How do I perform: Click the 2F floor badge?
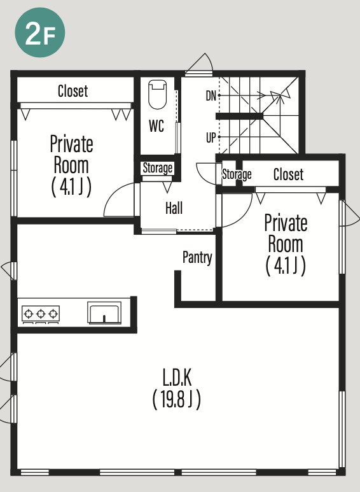(40, 32)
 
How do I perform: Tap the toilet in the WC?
(157, 94)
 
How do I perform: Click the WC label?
(156, 126)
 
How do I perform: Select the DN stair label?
(211, 95)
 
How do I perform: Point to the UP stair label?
(211, 137)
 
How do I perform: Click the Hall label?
(174, 208)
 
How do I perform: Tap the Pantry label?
(198, 258)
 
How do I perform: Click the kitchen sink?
(104, 313)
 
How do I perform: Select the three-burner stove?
(41, 314)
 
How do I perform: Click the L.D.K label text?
(177, 377)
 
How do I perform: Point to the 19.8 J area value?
(177, 400)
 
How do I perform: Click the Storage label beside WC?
(158, 168)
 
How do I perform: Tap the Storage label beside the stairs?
(237, 174)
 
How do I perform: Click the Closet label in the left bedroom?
(73, 91)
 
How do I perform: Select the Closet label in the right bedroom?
(289, 174)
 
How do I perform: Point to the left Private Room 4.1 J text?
(71, 186)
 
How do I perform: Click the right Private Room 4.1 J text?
(286, 266)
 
